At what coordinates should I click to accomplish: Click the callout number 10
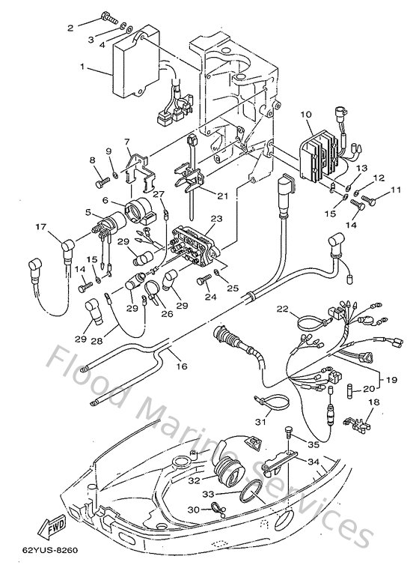(x=305, y=114)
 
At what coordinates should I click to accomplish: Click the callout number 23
(x=217, y=220)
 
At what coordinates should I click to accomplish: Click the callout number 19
(x=391, y=381)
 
